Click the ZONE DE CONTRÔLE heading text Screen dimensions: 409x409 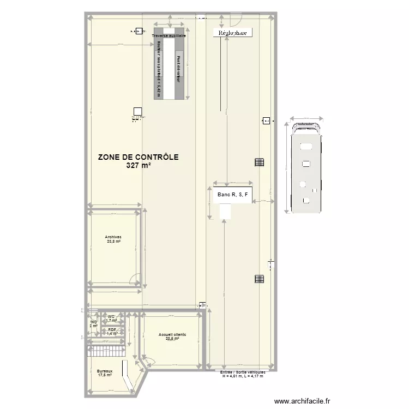coord(138,157)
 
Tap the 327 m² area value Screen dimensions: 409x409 coord(138,165)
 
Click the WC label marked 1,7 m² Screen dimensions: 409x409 coord(111,318)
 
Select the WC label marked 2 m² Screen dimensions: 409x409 coord(93,324)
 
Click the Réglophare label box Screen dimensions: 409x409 coord(232,33)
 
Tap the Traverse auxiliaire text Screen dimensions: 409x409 coord(169,35)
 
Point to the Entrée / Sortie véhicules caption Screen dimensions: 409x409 coord(242,373)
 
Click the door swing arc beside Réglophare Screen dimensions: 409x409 coord(235,21)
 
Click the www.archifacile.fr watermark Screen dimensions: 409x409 coord(302,401)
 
